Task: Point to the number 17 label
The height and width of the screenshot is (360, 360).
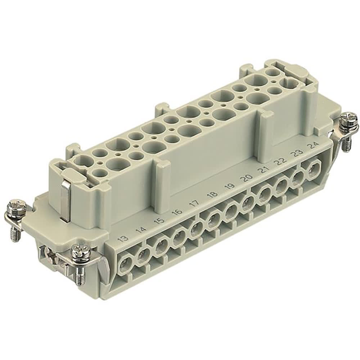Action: point(194,203)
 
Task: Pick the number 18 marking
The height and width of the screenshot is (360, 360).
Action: point(212,195)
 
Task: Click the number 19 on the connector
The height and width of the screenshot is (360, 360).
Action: point(230,186)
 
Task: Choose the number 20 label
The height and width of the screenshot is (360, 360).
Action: point(247,177)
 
